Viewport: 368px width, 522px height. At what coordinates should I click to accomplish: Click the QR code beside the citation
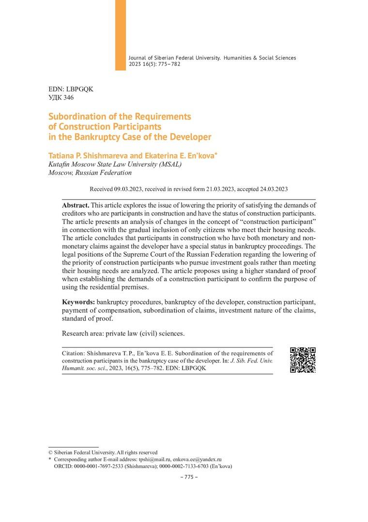coord(303,360)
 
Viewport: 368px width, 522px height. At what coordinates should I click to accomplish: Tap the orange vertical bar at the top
coord(120,35)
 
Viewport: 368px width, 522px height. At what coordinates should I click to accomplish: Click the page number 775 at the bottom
coord(186,477)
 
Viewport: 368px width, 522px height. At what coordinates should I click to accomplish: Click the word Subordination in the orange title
coord(79,116)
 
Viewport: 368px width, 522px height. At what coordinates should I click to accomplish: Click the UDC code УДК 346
coord(61,98)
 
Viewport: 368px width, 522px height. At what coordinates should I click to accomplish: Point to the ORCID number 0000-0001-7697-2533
coord(100,466)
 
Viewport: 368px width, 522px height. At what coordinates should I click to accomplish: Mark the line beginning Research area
coord(123,333)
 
